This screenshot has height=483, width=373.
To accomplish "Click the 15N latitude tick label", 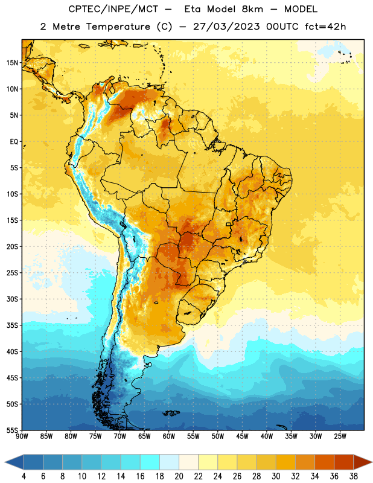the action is point(12,63).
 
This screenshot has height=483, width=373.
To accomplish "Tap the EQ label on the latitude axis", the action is point(14,142).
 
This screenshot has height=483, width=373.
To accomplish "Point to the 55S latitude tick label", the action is point(12,430).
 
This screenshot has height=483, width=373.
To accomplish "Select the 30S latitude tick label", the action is point(12,299).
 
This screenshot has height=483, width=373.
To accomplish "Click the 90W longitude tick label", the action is point(22,437).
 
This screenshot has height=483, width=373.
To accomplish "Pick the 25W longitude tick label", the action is point(340,437).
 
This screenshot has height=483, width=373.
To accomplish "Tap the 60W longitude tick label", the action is point(169,437).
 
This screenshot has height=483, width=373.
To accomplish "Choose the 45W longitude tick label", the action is point(242,437).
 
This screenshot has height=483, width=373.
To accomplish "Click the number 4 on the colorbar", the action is point(24,476).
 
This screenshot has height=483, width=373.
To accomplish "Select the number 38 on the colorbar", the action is point(354,476).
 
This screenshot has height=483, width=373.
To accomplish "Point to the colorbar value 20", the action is point(179,476).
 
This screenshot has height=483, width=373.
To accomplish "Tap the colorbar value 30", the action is point(276,476).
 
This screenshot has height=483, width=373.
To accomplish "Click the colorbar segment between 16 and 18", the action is point(150,462).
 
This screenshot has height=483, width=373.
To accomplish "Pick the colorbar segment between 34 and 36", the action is point(324,462).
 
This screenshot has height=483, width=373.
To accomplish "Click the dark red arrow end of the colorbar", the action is point(363,462).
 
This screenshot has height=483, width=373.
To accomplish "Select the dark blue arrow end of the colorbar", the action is point(14,462).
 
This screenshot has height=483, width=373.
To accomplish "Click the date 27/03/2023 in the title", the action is point(226,27).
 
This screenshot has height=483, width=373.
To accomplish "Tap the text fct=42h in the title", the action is point(325,27).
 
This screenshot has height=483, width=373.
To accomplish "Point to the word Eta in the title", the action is point(192,9).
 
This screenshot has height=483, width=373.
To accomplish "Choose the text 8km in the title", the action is point(252,9).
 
